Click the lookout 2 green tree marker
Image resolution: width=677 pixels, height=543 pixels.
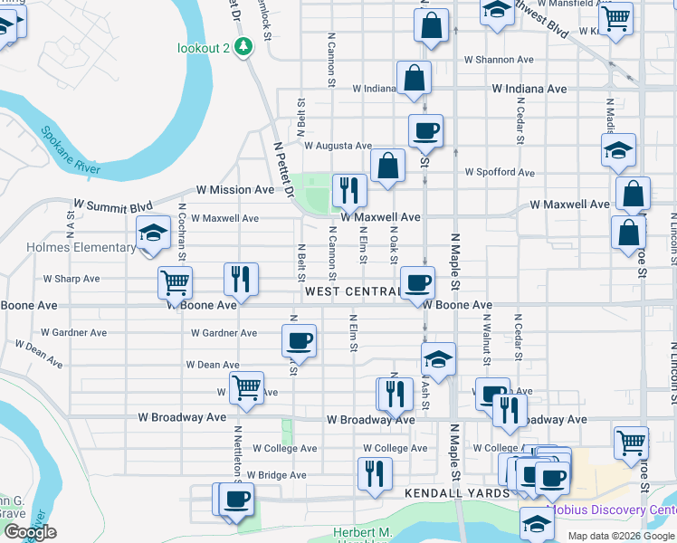tap(243, 46)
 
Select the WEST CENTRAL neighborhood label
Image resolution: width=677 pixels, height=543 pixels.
tap(352, 291)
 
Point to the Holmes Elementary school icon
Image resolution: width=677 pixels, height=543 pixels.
tap(153, 234)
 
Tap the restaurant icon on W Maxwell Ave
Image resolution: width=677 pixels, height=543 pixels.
tap(349, 191)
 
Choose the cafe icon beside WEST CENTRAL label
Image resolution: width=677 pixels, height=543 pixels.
tap(417, 283)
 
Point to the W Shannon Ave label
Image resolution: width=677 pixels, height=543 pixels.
tap(500, 60)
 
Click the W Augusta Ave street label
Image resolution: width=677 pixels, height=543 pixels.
tap(338, 145)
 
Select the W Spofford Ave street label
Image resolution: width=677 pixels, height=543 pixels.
tap(500, 172)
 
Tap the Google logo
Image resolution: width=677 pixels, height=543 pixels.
tap(30, 532)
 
